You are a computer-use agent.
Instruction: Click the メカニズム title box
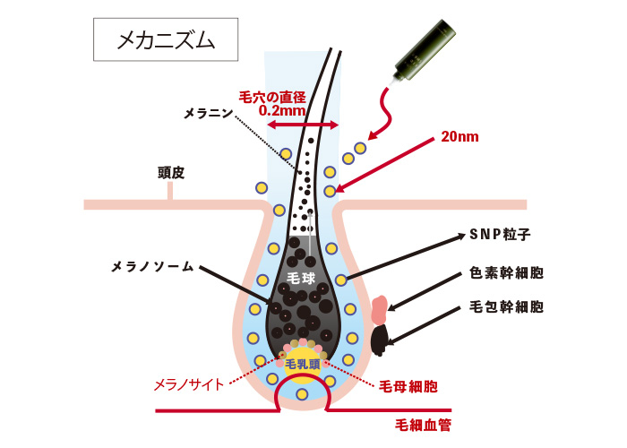166,39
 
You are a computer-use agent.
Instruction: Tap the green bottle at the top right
424,52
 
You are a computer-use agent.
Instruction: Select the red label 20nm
460,137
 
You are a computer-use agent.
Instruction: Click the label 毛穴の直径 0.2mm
272,103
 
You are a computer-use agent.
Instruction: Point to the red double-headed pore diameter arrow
303,125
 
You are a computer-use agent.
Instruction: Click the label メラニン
208,113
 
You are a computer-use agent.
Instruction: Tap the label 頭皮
171,173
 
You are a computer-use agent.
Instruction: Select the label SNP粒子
500,235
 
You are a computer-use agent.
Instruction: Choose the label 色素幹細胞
506,273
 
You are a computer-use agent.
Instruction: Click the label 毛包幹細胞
506,306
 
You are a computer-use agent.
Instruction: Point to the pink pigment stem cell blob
380,309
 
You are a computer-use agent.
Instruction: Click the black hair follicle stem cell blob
380,340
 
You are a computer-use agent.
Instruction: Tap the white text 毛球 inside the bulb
301,278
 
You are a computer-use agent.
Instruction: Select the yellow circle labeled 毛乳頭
303,365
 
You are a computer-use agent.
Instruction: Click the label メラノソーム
152,267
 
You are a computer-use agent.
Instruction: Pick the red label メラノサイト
189,384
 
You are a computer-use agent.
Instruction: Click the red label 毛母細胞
408,386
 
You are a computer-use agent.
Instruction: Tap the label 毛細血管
423,425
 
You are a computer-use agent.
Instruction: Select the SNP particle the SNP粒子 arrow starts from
340,280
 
